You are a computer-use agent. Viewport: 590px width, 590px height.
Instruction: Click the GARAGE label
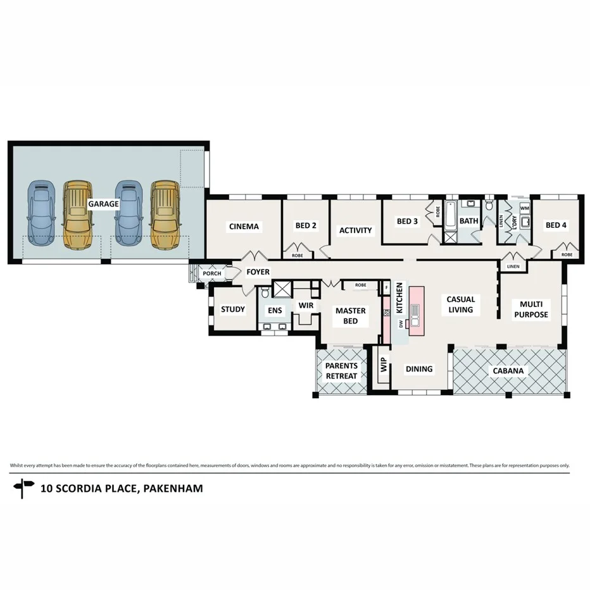[103, 204]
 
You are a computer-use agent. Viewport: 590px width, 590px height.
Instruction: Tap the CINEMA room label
[244, 227]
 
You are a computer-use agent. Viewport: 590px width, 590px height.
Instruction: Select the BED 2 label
[305, 226]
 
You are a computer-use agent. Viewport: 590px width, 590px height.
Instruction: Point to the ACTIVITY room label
[355, 230]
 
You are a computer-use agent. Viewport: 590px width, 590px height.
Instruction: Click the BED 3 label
[407, 222]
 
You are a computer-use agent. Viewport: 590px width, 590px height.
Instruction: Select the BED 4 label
[556, 225]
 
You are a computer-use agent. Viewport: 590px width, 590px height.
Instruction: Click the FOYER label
[258, 272]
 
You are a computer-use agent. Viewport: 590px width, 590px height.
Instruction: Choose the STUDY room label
[232, 310]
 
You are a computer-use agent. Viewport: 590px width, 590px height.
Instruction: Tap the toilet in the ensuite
[265, 291]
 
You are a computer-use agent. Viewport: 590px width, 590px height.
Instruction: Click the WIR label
[306, 306]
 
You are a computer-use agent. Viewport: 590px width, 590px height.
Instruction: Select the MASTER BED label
[350, 316]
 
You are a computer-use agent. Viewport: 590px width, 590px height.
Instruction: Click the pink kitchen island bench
[416, 310]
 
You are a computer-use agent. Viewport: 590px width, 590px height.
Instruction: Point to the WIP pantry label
[383, 365]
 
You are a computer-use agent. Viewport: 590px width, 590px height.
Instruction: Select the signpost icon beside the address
[23, 488]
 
